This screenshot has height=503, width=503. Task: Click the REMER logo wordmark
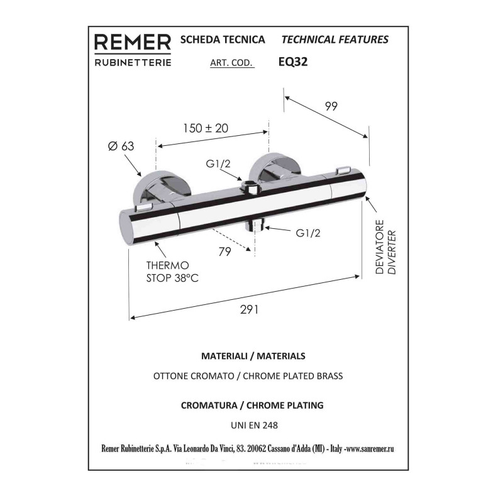point(133,42)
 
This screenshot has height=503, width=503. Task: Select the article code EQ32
point(293,61)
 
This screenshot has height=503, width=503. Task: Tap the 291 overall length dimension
point(249,309)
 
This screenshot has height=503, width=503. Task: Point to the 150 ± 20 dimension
point(206,128)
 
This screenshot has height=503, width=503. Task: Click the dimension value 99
point(331,106)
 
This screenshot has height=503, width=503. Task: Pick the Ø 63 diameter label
point(121,146)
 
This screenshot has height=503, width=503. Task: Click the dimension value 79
point(224,252)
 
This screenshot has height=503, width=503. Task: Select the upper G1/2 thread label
point(218,164)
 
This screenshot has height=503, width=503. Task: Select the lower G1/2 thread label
point(308,233)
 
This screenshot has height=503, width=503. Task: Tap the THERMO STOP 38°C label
point(172,272)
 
